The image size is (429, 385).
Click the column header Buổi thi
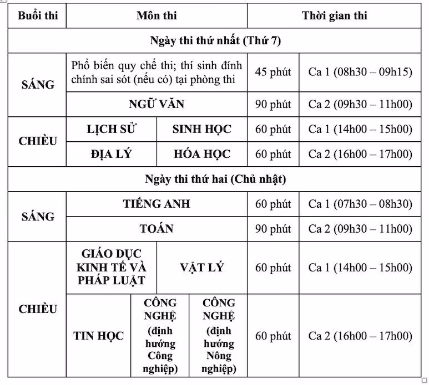coord(38,16)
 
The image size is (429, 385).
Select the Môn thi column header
coord(157,16)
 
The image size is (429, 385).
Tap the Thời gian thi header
coord(335,16)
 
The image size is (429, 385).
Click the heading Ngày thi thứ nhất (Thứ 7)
coord(215,41)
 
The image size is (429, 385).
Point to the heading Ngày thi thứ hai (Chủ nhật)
coord(215,179)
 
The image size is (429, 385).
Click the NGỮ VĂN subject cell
coord(157,104)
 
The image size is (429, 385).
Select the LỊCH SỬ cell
coord(112,129)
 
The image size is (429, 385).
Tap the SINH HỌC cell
coord(202,129)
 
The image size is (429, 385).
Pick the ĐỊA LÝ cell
coord(112,153)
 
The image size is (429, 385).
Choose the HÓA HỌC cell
coord(202,153)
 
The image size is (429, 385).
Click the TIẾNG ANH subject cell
coord(157,204)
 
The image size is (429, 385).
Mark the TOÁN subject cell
coord(157,228)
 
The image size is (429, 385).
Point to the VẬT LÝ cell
coord(202,268)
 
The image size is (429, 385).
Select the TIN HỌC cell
coord(99,336)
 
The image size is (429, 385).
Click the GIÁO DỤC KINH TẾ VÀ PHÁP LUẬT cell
coord(112,268)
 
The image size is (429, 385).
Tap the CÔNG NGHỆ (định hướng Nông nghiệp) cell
coord(219,336)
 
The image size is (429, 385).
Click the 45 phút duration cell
coord(273,72)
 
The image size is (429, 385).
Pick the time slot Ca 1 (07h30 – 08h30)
coord(360,204)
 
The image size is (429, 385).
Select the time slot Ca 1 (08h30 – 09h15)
coord(360,72)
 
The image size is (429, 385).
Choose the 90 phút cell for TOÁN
coord(273,228)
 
